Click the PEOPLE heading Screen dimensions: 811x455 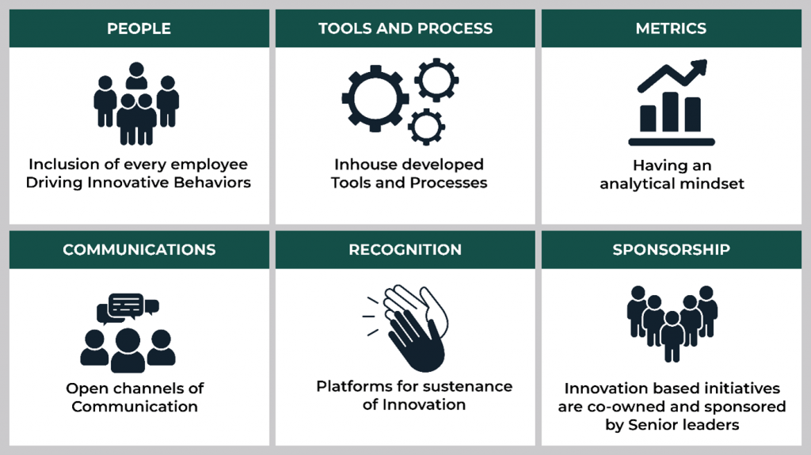point(139,28)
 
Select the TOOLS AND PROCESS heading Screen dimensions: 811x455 point(405,28)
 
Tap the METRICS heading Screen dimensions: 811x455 point(671,28)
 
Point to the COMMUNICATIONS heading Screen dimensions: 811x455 point(139,250)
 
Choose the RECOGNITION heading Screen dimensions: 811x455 point(405,250)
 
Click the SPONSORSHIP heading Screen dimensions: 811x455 point(671,250)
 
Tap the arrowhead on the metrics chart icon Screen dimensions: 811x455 point(699,66)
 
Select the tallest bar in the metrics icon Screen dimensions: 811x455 point(670,112)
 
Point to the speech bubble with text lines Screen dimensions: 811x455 point(126,305)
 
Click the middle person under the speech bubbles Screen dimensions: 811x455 point(128,350)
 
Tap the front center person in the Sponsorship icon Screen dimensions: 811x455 point(672,336)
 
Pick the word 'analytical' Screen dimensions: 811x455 point(637,184)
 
